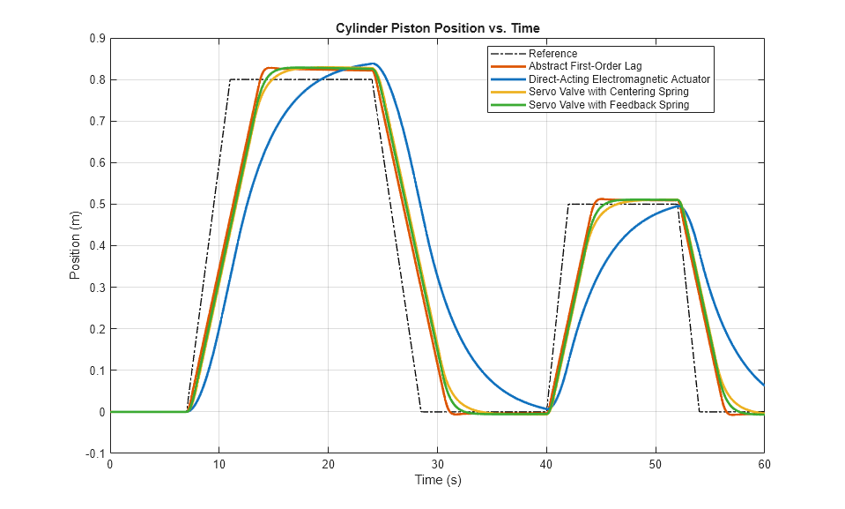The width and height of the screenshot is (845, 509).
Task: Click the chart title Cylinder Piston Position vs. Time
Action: point(437,28)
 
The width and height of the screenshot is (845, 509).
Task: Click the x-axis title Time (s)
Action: point(437,481)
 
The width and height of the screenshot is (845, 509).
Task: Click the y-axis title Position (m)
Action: point(75,245)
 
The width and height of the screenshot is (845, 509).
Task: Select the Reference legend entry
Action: point(552,54)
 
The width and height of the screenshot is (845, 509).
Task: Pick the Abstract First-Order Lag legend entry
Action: point(585,66)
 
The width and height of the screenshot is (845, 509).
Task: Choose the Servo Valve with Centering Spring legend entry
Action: point(608,92)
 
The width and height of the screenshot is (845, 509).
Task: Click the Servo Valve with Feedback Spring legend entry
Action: point(608,105)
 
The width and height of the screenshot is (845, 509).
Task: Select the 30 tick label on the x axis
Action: point(437,464)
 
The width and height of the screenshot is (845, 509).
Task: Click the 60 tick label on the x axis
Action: point(763,464)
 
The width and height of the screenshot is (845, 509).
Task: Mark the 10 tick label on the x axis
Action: point(219,464)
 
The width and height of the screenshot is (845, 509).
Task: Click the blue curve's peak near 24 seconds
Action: point(374,64)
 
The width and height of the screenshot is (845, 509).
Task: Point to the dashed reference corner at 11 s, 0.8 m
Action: point(230,79)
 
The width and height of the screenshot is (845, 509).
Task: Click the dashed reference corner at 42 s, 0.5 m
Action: point(568,205)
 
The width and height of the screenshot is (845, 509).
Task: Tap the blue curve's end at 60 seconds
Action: point(763,385)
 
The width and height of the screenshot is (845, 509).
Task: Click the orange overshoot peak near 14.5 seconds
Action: point(269,67)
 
